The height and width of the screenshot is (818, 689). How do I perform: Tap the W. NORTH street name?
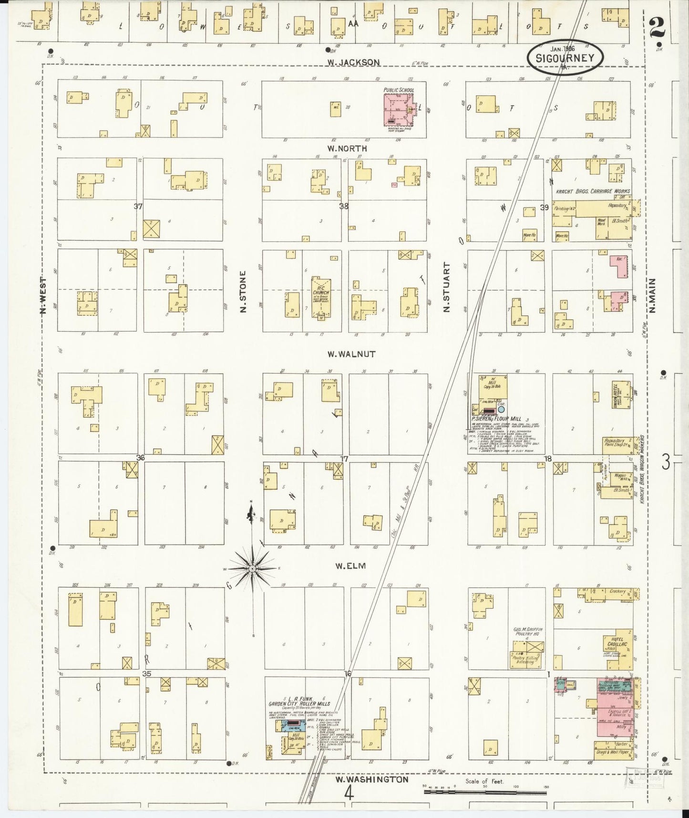[347, 148]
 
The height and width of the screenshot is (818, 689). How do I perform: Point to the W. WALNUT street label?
[351, 354]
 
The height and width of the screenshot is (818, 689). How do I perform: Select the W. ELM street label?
[350, 566]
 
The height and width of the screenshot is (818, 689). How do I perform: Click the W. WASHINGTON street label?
[372, 779]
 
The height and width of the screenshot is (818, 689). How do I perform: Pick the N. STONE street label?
[243, 292]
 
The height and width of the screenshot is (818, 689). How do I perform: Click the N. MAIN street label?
[652, 295]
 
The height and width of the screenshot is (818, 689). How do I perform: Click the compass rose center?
[252, 569]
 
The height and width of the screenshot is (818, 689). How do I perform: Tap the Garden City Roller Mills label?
[299, 704]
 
